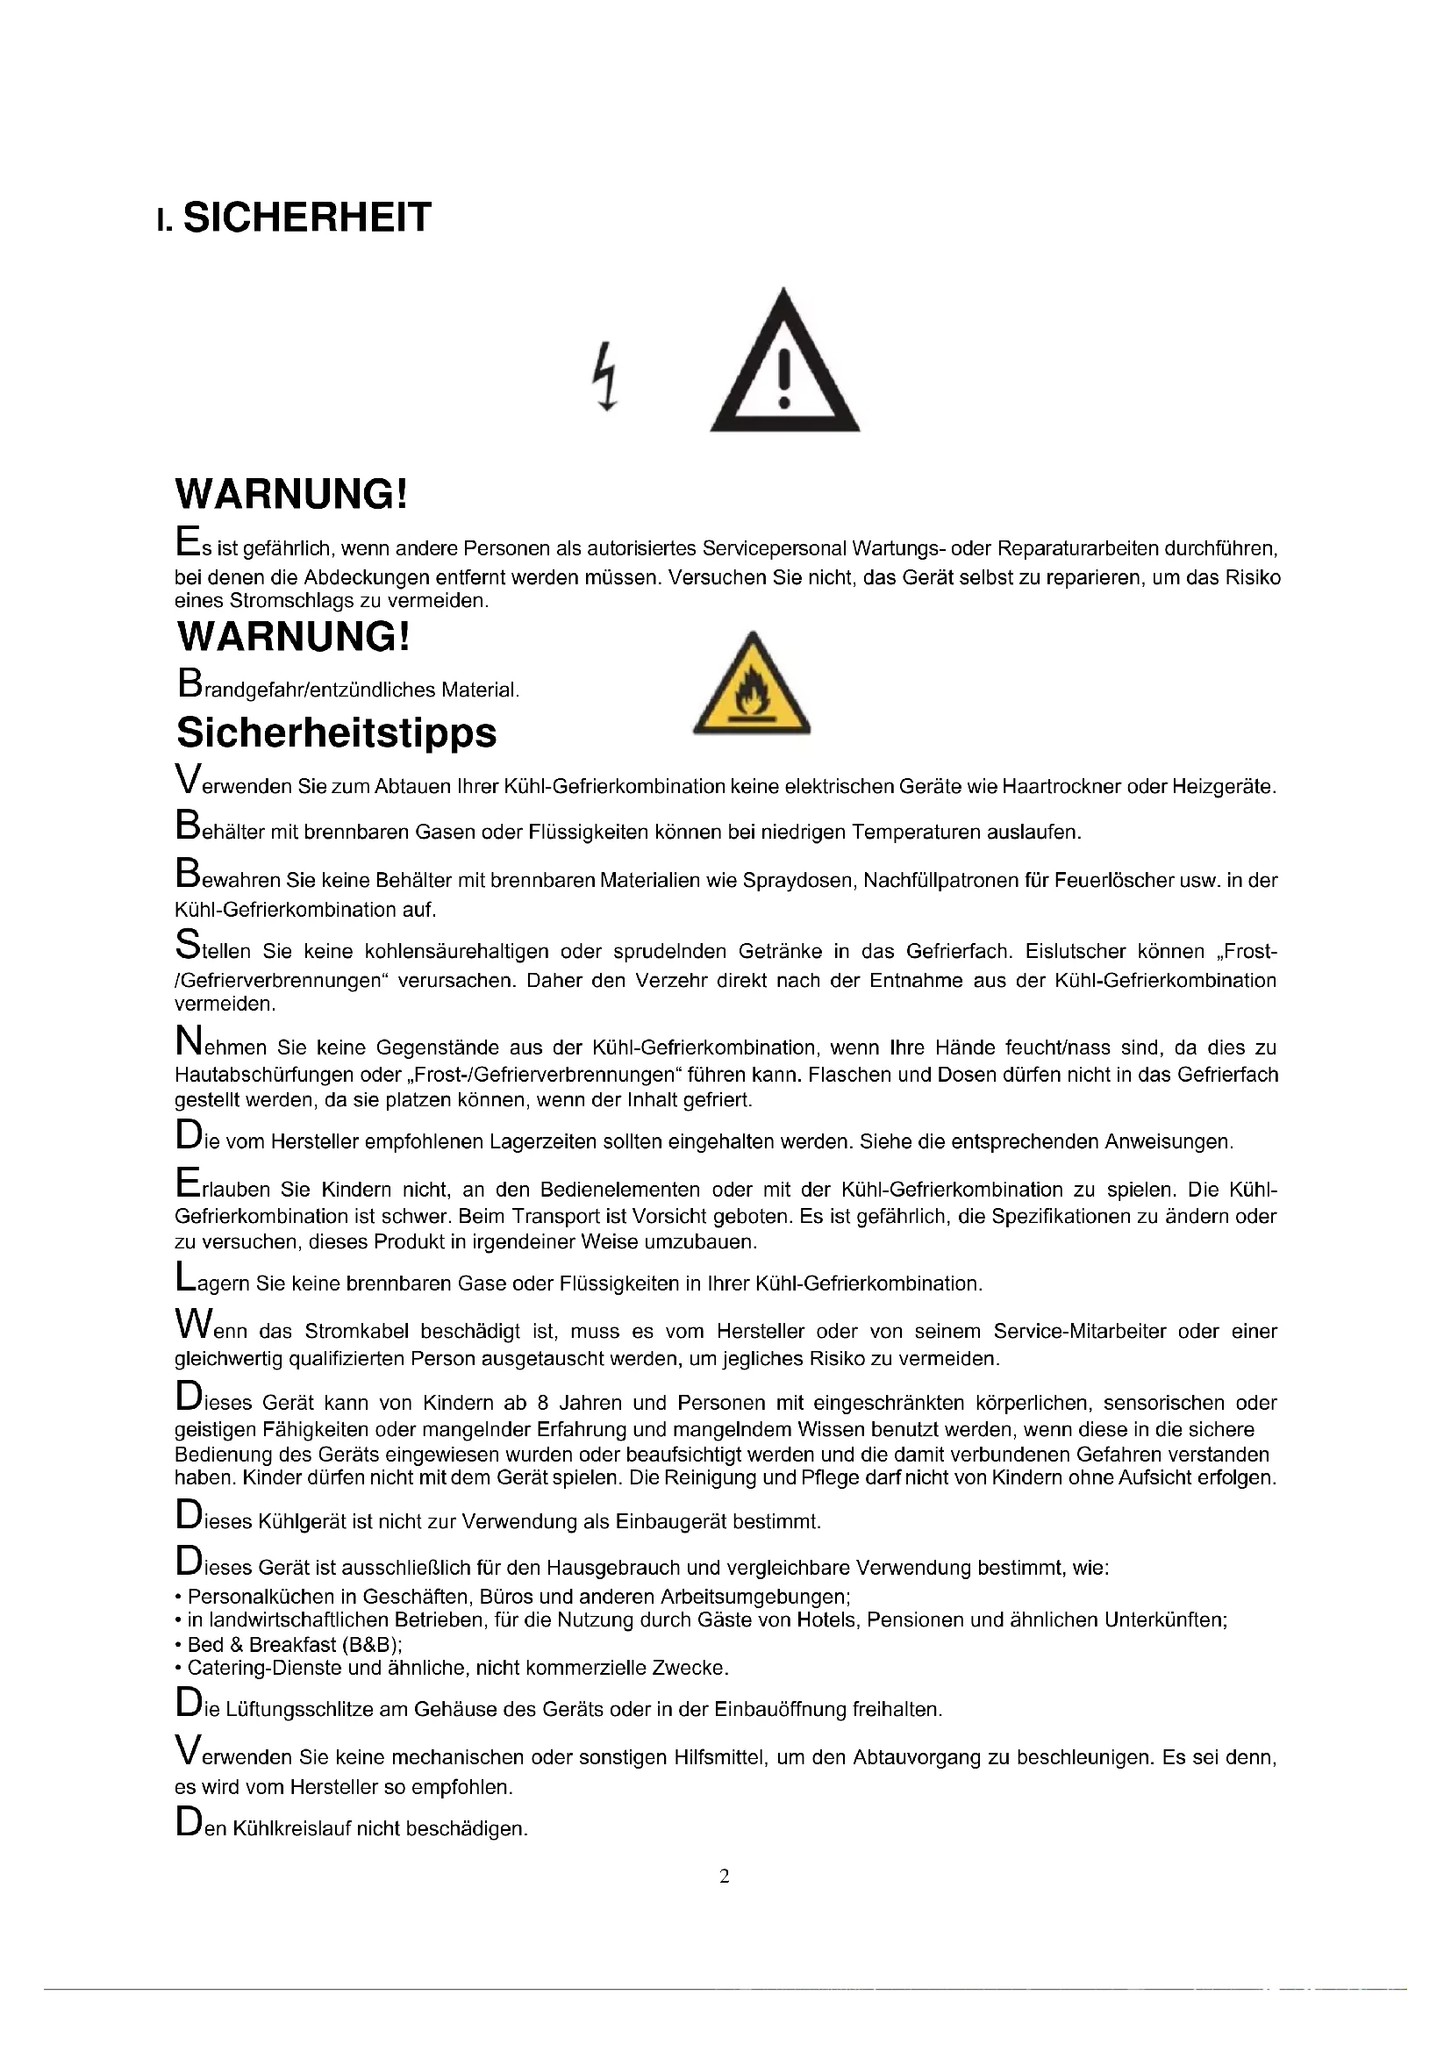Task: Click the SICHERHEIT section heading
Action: pyautogui.click(x=306, y=218)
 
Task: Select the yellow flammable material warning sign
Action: pyautogui.click(x=752, y=685)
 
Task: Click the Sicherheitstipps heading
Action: pyautogui.click(x=336, y=733)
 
